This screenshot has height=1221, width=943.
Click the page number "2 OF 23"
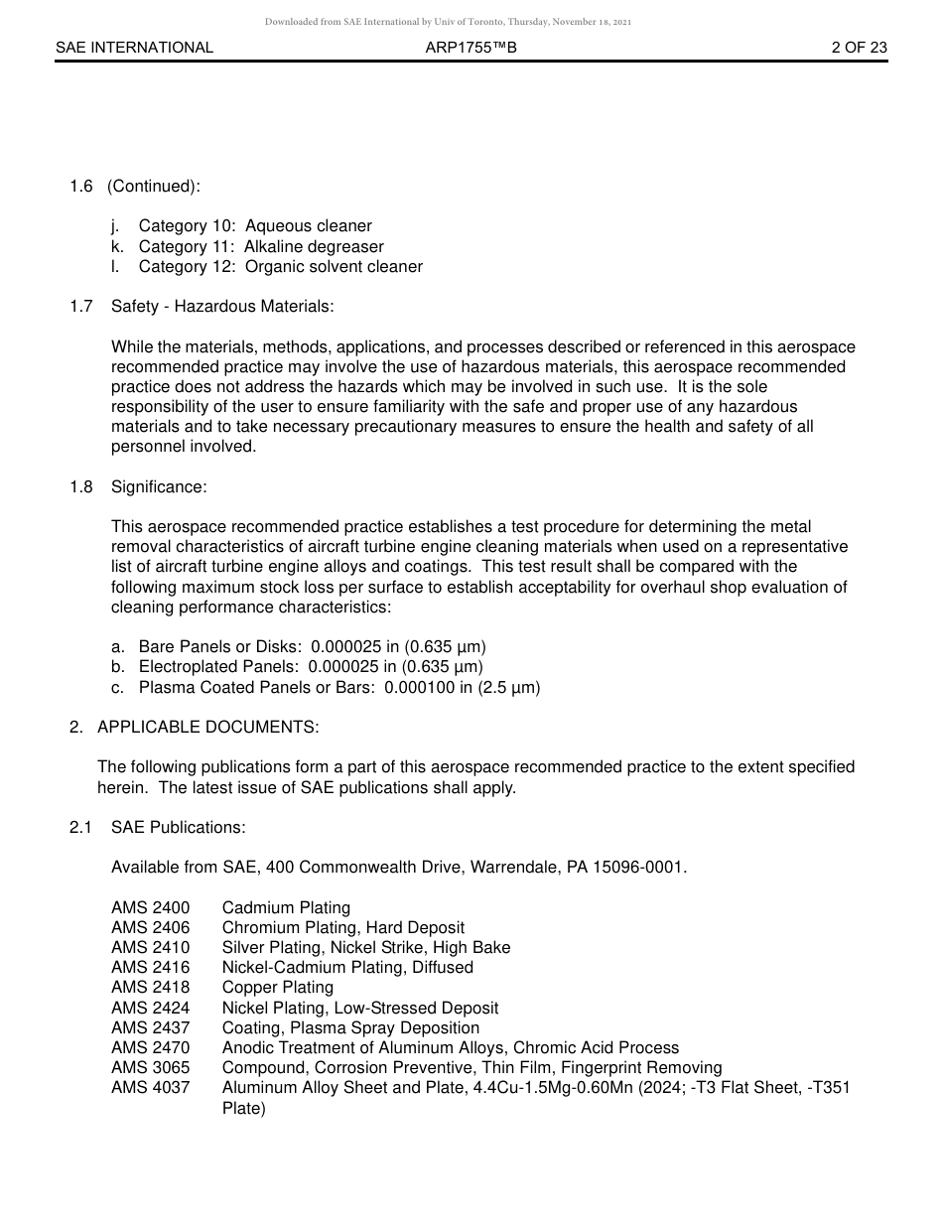coord(859,48)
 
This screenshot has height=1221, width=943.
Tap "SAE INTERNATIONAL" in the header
coord(134,48)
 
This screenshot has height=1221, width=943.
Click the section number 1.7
coord(81,307)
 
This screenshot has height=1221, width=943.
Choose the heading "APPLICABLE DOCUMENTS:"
coord(207,727)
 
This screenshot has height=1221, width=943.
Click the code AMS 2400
coord(150,907)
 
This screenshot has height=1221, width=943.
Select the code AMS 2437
coord(150,1027)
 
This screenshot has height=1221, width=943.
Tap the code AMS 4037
coord(150,1087)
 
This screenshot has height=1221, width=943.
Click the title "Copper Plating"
coord(277,987)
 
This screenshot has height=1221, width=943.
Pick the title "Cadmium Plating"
coord(286,907)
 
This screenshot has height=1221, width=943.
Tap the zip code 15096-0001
coord(638,867)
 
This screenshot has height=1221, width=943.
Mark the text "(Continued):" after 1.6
coord(154,187)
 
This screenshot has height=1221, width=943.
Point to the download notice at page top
coord(448,22)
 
